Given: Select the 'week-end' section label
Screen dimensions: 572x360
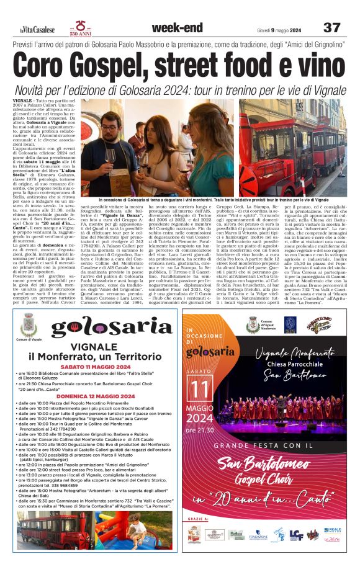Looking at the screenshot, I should [177, 27].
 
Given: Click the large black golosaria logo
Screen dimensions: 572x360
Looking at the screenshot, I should [112, 327].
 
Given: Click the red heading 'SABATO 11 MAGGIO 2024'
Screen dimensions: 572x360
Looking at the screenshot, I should [99, 366].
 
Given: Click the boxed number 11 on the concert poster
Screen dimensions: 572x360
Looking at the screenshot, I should [200, 389].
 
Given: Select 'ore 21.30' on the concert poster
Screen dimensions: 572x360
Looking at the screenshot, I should [200, 430].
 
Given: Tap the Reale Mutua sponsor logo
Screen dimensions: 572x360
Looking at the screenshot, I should [333, 532].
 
